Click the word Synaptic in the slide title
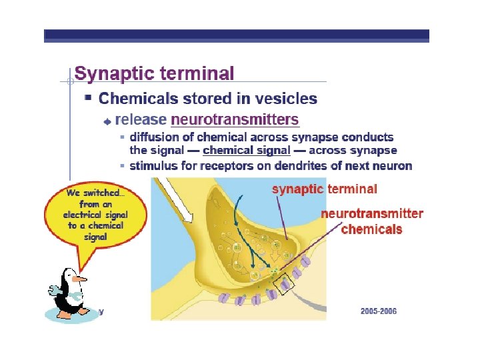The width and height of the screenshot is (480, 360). click(x=113, y=74)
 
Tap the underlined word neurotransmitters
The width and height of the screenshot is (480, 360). click(x=235, y=120)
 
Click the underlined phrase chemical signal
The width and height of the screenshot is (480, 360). click(x=243, y=150)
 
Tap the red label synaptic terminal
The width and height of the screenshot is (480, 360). click(x=324, y=189)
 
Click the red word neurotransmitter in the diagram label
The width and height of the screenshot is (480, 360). click(x=372, y=214)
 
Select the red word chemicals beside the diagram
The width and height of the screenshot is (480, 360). click(x=372, y=229)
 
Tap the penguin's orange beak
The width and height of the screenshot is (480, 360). click(x=80, y=278)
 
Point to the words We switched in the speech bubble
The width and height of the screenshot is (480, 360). click(x=95, y=193)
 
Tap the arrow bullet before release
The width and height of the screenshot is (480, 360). click(x=108, y=121)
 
